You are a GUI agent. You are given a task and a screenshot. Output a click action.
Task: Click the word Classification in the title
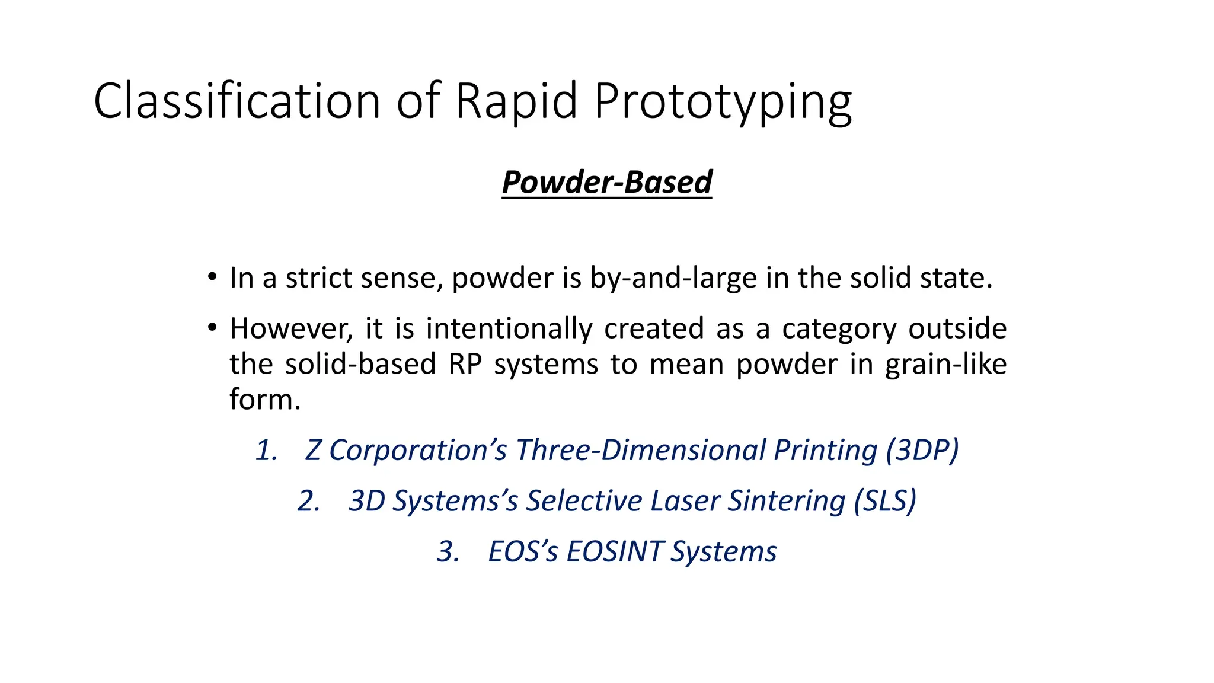[x=237, y=101]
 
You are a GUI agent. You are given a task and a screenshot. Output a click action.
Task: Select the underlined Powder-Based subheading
[x=606, y=182]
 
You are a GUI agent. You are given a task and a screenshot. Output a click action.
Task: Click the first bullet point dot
[x=212, y=277]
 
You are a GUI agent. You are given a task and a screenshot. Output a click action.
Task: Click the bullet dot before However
[x=212, y=328]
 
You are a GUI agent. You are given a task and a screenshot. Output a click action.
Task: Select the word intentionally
[x=509, y=329]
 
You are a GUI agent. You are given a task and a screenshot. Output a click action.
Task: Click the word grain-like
[x=945, y=364]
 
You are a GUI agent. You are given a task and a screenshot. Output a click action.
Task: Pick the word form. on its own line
[x=265, y=399]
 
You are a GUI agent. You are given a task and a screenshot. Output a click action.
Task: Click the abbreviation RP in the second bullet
[x=465, y=364]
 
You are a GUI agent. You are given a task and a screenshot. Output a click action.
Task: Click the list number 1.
[x=266, y=450]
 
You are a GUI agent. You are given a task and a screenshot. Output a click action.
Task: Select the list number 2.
[x=309, y=501]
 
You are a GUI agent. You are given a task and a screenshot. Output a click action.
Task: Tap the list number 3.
[x=448, y=551]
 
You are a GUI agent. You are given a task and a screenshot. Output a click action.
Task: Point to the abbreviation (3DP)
[x=922, y=450]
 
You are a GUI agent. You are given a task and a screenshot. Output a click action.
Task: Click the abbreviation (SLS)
[x=885, y=501]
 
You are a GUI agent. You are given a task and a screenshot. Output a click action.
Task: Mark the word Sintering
[x=786, y=501]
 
